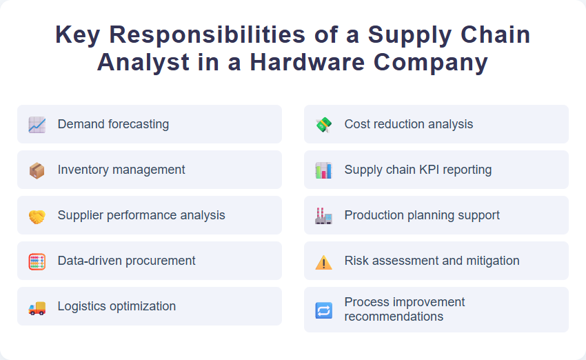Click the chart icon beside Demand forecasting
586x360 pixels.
click(x=37, y=125)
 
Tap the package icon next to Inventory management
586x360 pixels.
click(x=37, y=170)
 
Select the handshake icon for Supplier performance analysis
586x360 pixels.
click(x=37, y=216)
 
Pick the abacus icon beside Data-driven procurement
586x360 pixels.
click(x=37, y=261)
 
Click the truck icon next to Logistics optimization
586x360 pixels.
click(x=37, y=308)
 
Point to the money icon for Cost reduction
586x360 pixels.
click(x=323, y=125)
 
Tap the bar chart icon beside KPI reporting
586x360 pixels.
click(x=323, y=170)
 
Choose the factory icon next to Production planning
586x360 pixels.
click(x=323, y=216)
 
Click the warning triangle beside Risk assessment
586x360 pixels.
click(x=323, y=262)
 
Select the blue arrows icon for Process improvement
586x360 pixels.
click(x=323, y=310)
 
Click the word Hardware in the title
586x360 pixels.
click(x=308, y=62)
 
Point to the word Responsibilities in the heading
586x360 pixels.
click(x=200, y=34)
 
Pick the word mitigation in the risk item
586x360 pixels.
click(x=492, y=261)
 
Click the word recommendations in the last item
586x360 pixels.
click(x=394, y=317)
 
